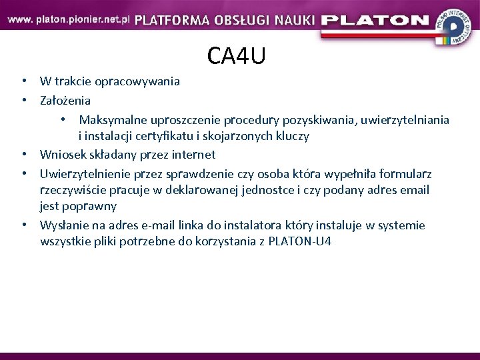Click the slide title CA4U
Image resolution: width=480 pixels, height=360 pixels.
(x=236, y=56)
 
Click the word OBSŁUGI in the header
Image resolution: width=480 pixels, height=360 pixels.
(x=244, y=20)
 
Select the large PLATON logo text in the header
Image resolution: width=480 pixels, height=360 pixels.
(x=375, y=20)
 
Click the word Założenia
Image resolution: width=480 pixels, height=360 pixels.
(x=65, y=101)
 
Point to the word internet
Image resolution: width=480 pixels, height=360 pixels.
(x=193, y=155)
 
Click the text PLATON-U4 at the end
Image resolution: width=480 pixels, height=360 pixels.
(x=299, y=241)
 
